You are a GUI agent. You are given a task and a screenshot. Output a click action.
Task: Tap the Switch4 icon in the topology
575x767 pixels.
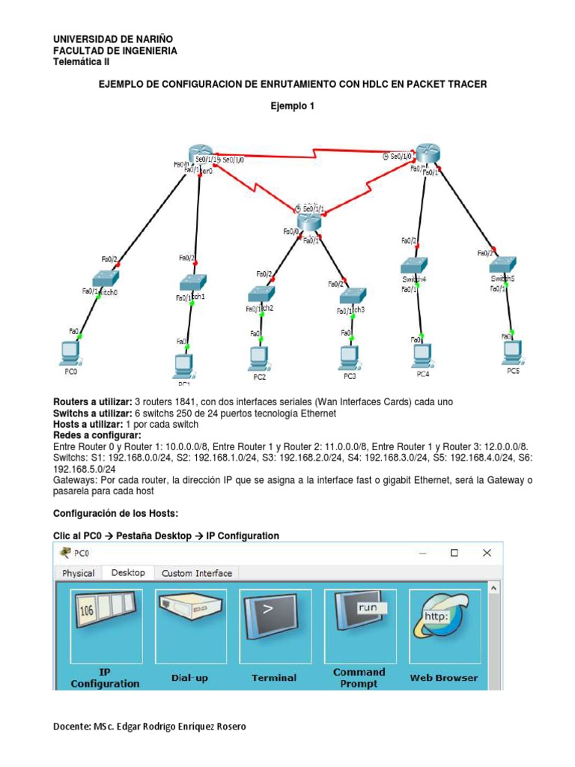413,266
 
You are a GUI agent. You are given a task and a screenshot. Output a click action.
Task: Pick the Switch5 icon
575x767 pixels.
503,265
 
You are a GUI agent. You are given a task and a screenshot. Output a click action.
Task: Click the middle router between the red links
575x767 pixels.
308,221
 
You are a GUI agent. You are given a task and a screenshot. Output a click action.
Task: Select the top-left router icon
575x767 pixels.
201,152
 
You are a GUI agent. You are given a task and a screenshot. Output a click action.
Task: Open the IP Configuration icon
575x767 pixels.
106,625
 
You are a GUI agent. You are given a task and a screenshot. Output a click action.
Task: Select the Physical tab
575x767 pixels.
79,573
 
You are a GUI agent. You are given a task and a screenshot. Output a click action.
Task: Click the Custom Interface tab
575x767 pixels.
197,573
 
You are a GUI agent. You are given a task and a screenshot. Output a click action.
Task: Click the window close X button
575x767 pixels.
487,553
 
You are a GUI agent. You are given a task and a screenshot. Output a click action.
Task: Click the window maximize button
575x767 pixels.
454,553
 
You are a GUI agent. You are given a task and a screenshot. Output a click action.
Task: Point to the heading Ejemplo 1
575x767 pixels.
293,106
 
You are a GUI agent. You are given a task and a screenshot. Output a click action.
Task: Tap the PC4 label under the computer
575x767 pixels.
423,373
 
